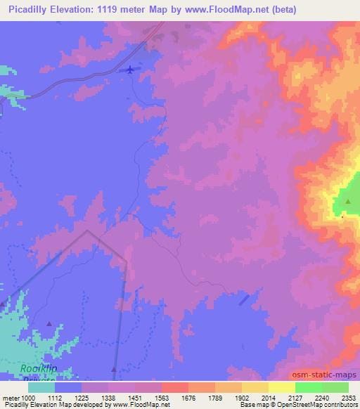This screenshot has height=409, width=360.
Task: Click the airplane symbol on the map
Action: [x=131, y=69]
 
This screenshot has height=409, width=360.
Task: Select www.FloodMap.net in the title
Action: [x=224, y=9]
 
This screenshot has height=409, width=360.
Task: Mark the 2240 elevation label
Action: [x=322, y=398]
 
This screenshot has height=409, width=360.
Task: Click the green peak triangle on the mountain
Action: [x=347, y=201]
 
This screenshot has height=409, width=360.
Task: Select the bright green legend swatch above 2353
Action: [x=335, y=387]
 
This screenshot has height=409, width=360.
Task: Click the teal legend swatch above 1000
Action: [x=41, y=387]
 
